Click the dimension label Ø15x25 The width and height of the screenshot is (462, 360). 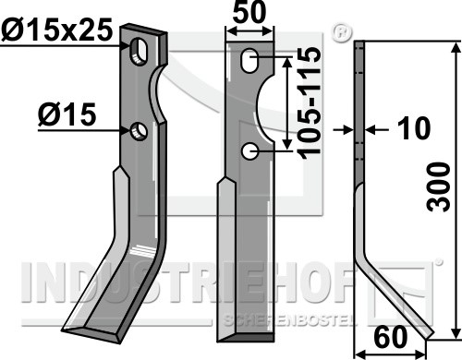tap(56, 30)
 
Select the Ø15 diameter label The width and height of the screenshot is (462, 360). tap(67, 114)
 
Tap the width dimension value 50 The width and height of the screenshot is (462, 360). tap(249, 12)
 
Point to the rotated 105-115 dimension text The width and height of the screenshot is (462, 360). tap(310, 102)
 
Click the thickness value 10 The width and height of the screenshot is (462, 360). tap(414, 127)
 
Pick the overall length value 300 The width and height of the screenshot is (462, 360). tap(439, 187)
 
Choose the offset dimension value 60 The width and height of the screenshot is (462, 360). tap(390, 337)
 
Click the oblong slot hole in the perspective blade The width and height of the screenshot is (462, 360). tap(140, 52)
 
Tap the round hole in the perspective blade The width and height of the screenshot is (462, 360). tap(139, 131)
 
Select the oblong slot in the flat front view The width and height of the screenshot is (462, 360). tap(249, 60)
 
